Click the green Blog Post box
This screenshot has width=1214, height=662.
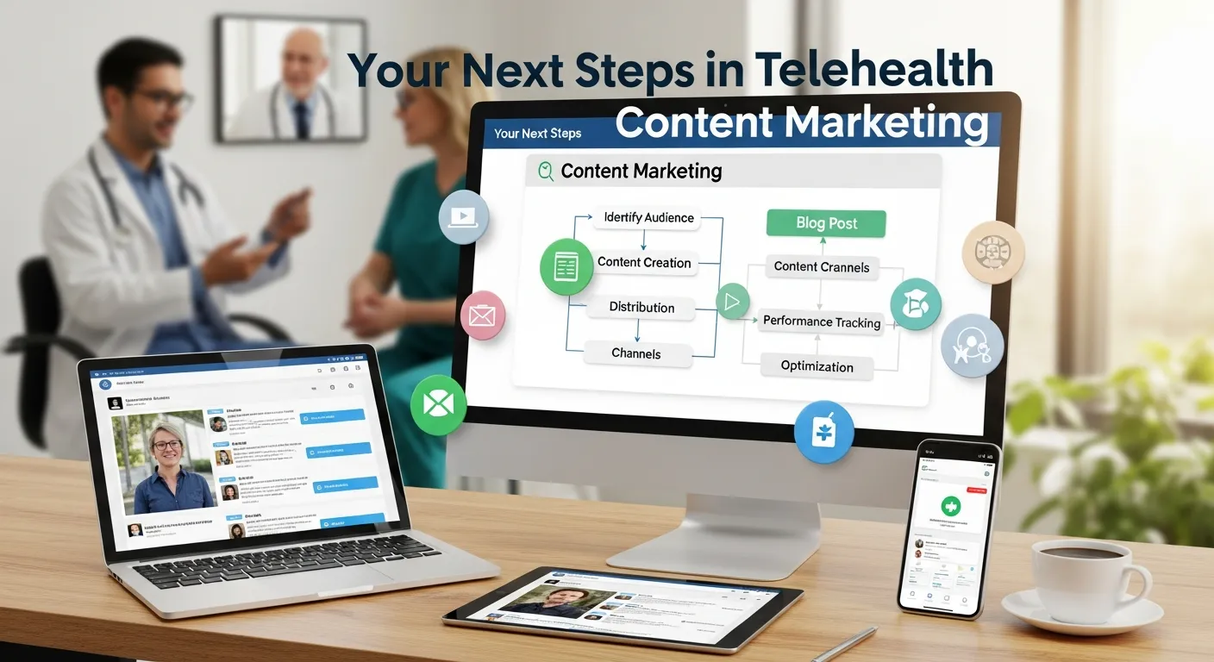pyautogui.click(x=825, y=223)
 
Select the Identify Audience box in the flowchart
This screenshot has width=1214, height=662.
pyautogui.click(x=648, y=217)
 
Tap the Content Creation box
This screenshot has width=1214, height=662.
pyautogui.click(x=644, y=263)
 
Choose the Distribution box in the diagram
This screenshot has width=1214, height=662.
pyautogui.click(x=641, y=307)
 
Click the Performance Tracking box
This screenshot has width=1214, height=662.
pyautogui.click(x=821, y=322)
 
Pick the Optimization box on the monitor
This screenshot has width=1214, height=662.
pyautogui.click(x=817, y=365)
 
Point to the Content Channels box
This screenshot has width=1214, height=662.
pyautogui.click(x=821, y=266)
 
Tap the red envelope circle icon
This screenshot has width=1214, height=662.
pyautogui.click(x=482, y=315)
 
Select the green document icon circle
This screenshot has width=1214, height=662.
pyautogui.click(x=566, y=268)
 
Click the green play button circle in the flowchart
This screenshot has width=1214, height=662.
pyautogui.click(x=733, y=302)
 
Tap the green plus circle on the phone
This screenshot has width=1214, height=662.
pyautogui.click(x=948, y=507)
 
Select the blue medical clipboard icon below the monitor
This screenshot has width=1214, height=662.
pyautogui.click(x=823, y=431)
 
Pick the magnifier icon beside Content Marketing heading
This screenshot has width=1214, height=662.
pyautogui.click(x=546, y=171)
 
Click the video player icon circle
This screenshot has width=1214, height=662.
pyautogui.click(x=464, y=216)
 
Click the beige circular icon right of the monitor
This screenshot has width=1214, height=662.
pyautogui.click(x=993, y=253)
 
